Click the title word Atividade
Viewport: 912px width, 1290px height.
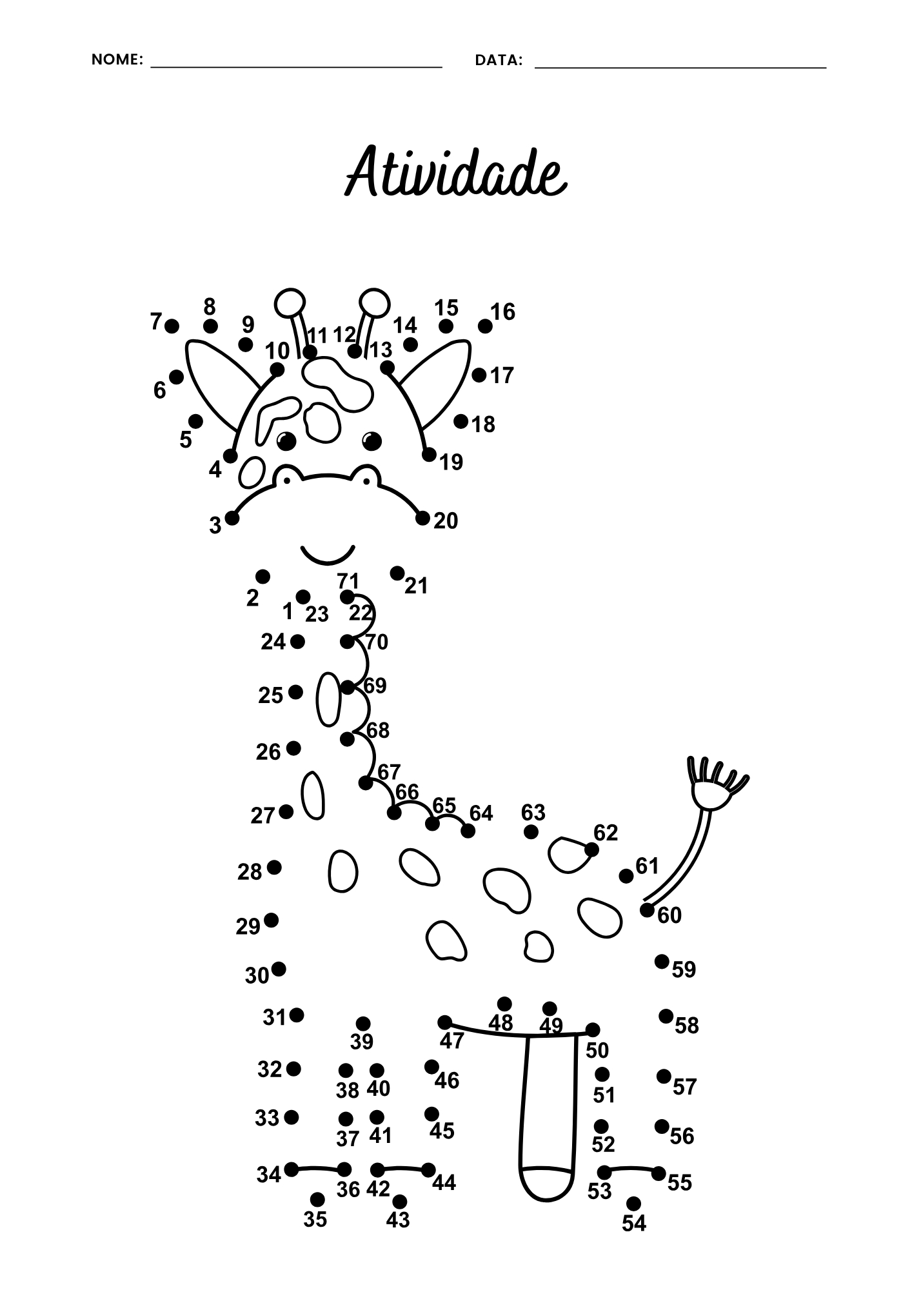pos(457,172)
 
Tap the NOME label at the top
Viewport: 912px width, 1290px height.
pos(117,59)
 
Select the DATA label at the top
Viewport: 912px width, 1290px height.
pos(499,60)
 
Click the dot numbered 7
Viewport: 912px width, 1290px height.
pos(172,326)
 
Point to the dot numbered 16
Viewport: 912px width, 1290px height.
pos(485,326)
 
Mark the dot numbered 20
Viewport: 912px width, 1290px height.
pos(422,518)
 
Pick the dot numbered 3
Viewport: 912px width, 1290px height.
pos(232,518)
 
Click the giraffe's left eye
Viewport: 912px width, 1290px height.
pos(286,441)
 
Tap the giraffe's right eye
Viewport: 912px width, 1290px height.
pos(372,441)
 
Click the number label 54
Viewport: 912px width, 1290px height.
pos(634,1223)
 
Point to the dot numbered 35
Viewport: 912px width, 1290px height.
pos(317,1199)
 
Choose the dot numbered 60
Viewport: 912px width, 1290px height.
pos(647,909)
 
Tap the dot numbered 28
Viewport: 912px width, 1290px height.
pos(274,867)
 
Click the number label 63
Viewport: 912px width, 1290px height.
pos(533,812)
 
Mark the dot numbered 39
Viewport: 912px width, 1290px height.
pos(363,1024)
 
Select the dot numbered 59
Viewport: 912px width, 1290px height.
pos(662,962)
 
